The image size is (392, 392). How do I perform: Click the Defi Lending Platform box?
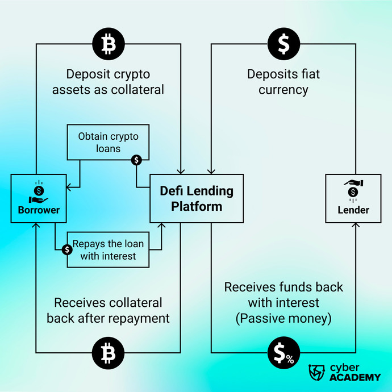coord(197,198)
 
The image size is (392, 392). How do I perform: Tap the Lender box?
coord(353,198)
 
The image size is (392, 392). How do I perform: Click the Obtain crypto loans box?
coord(108,142)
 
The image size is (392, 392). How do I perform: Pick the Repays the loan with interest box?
coord(108,250)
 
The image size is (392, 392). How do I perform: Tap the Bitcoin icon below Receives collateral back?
coord(108,353)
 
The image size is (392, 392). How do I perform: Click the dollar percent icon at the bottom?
coord(283,353)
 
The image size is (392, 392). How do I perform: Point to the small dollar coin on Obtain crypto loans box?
coord(136,160)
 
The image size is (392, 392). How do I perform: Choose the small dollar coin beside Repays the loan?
coord(67,249)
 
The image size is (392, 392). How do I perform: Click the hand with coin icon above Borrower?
coord(38,193)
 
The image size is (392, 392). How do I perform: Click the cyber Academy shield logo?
coord(316,372)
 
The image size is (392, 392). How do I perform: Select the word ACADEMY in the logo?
coord(355,377)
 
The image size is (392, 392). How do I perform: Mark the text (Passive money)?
coord(283,318)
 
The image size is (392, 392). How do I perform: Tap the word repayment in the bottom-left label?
coord(139,318)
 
